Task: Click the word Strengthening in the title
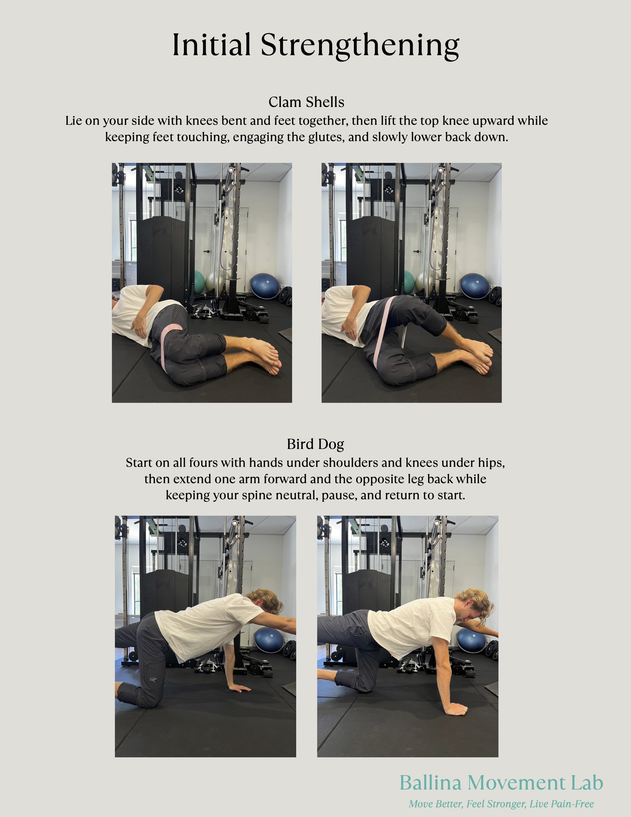pyautogui.click(x=360, y=45)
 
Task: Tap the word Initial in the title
pyautogui.click(x=211, y=45)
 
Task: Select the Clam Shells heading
pyautogui.click(x=306, y=102)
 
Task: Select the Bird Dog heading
pyautogui.click(x=315, y=444)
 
